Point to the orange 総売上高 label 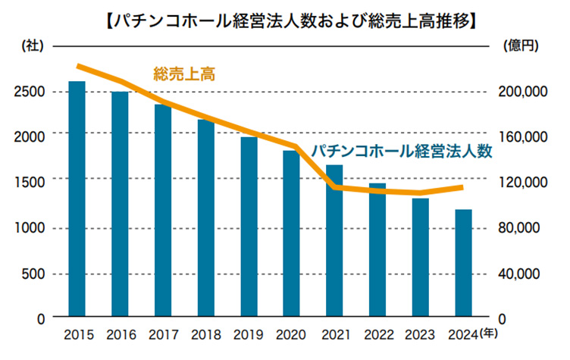tap(184, 74)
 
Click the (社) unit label tap(32, 45)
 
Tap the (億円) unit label tap(520, 45)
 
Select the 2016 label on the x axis tap(120, 333)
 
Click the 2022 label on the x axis tap(377, 333)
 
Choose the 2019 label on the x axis tap(249, 333)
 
